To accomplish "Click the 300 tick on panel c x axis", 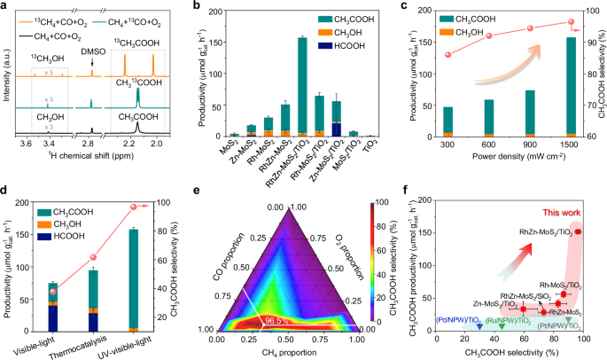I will (x=448, y=145).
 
